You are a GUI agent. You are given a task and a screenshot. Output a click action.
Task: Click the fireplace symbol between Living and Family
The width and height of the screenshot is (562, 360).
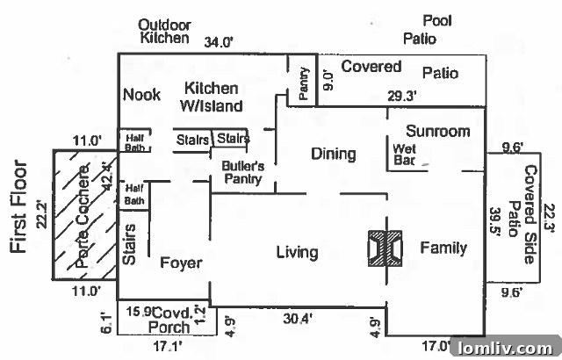coord(385,249)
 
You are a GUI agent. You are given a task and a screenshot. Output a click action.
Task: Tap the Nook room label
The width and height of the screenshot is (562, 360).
coord(141,95)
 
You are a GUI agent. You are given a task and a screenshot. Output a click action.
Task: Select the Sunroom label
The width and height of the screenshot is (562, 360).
coord(438,131)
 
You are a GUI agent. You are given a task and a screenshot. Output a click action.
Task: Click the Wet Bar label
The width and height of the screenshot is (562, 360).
coord(405,155)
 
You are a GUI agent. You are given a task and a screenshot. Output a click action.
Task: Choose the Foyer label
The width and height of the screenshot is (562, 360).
coord(182,263)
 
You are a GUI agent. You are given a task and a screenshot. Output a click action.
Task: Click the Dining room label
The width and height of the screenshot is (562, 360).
coord(334,155)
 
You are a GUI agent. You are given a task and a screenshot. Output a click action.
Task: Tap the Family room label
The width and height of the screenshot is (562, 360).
coord(443,248)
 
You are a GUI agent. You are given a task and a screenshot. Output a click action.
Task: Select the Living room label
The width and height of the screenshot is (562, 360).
coord(297,253)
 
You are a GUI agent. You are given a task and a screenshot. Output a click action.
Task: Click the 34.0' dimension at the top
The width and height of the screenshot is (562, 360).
coord(220,41)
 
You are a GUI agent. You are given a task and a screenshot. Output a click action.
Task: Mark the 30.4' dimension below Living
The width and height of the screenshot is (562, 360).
coord(295,320)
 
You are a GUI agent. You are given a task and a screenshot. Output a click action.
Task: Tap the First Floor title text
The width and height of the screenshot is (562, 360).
coord(20,207)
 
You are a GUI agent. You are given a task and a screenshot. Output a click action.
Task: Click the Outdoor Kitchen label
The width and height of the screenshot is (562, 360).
coord(164,31)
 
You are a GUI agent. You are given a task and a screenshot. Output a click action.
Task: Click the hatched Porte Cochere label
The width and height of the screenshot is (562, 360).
coord(85,216)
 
